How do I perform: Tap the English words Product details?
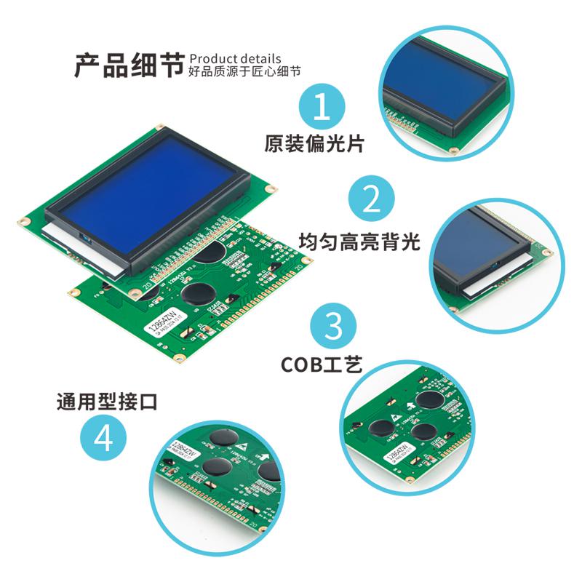234,58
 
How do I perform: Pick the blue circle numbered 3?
332,326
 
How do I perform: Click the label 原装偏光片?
314,143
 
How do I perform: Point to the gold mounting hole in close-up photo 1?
453,151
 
